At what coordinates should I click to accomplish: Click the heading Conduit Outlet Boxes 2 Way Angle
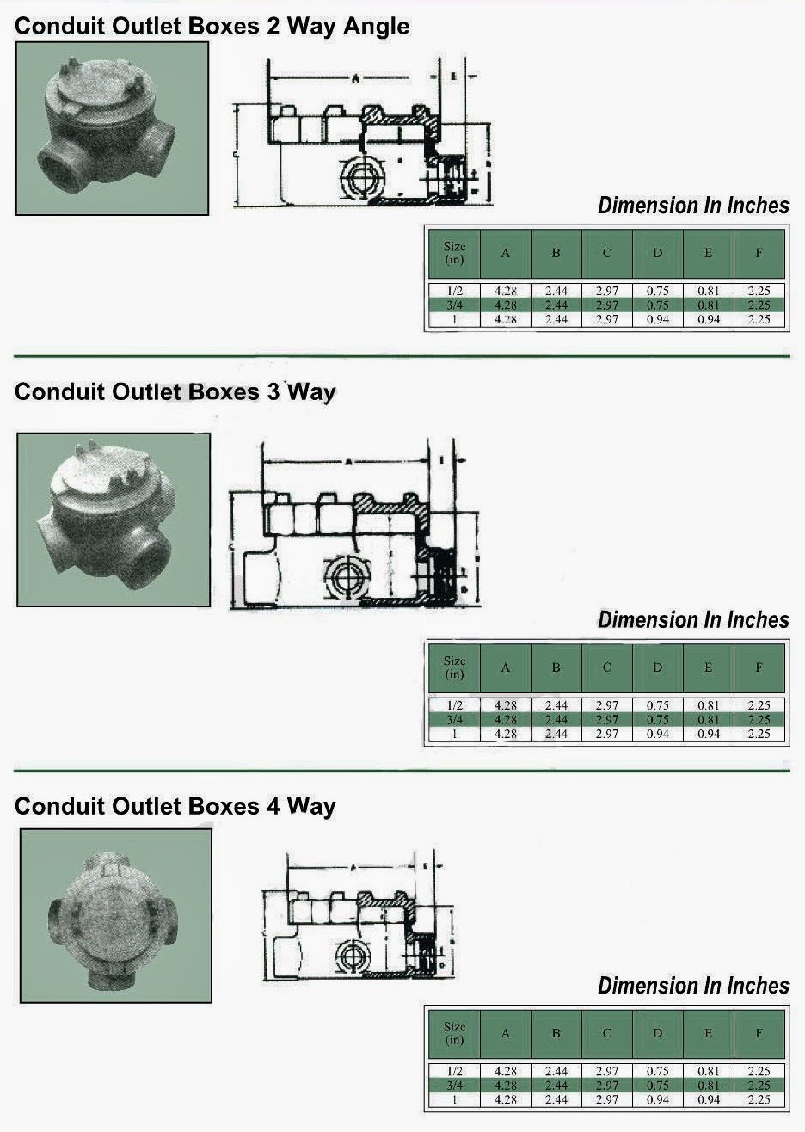pyautogui.click(x=212, y=26)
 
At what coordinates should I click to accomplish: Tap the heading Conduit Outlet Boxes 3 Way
pyautogui.click(x=175, y=392)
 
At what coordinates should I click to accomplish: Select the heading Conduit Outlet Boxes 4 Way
pyautogui.click(x=175, y=806)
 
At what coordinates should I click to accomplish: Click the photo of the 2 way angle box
pyautogui.click(x=112, y=128)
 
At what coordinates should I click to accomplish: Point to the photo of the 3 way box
pyautogui.click(x=113, y=520)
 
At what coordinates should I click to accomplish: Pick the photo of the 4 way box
pyautogui.click(x=115, y=915)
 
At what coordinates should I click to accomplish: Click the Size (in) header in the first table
pyautogui.click(x=454, y=253)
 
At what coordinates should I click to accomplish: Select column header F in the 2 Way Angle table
pyautogui.click(x=759, y=253)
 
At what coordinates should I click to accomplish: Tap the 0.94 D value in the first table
pyautogui.click(x=658, y=320)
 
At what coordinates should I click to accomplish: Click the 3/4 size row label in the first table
pyautogui.click(x=454, y=305)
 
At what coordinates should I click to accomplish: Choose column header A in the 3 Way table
pyautogui.click(x=505, y=668)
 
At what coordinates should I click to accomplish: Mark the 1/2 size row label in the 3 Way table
pyautogui.click(x=454, y=705)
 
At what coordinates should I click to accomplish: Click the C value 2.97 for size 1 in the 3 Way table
pyautogui.click(x=607, y=735)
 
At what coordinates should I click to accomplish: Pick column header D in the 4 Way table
pyautogui.click(x=658, y=1033)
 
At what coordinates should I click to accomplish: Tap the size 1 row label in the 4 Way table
pyautogui.click(x=454, y=1100)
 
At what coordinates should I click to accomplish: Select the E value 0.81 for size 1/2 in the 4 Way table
pyautogui.click(x=709, y=1071)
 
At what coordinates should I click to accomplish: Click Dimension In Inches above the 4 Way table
pyautogui.click(x=693, y=985)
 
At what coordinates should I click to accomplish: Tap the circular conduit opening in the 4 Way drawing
pyautogui.click(x=353, y=957)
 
